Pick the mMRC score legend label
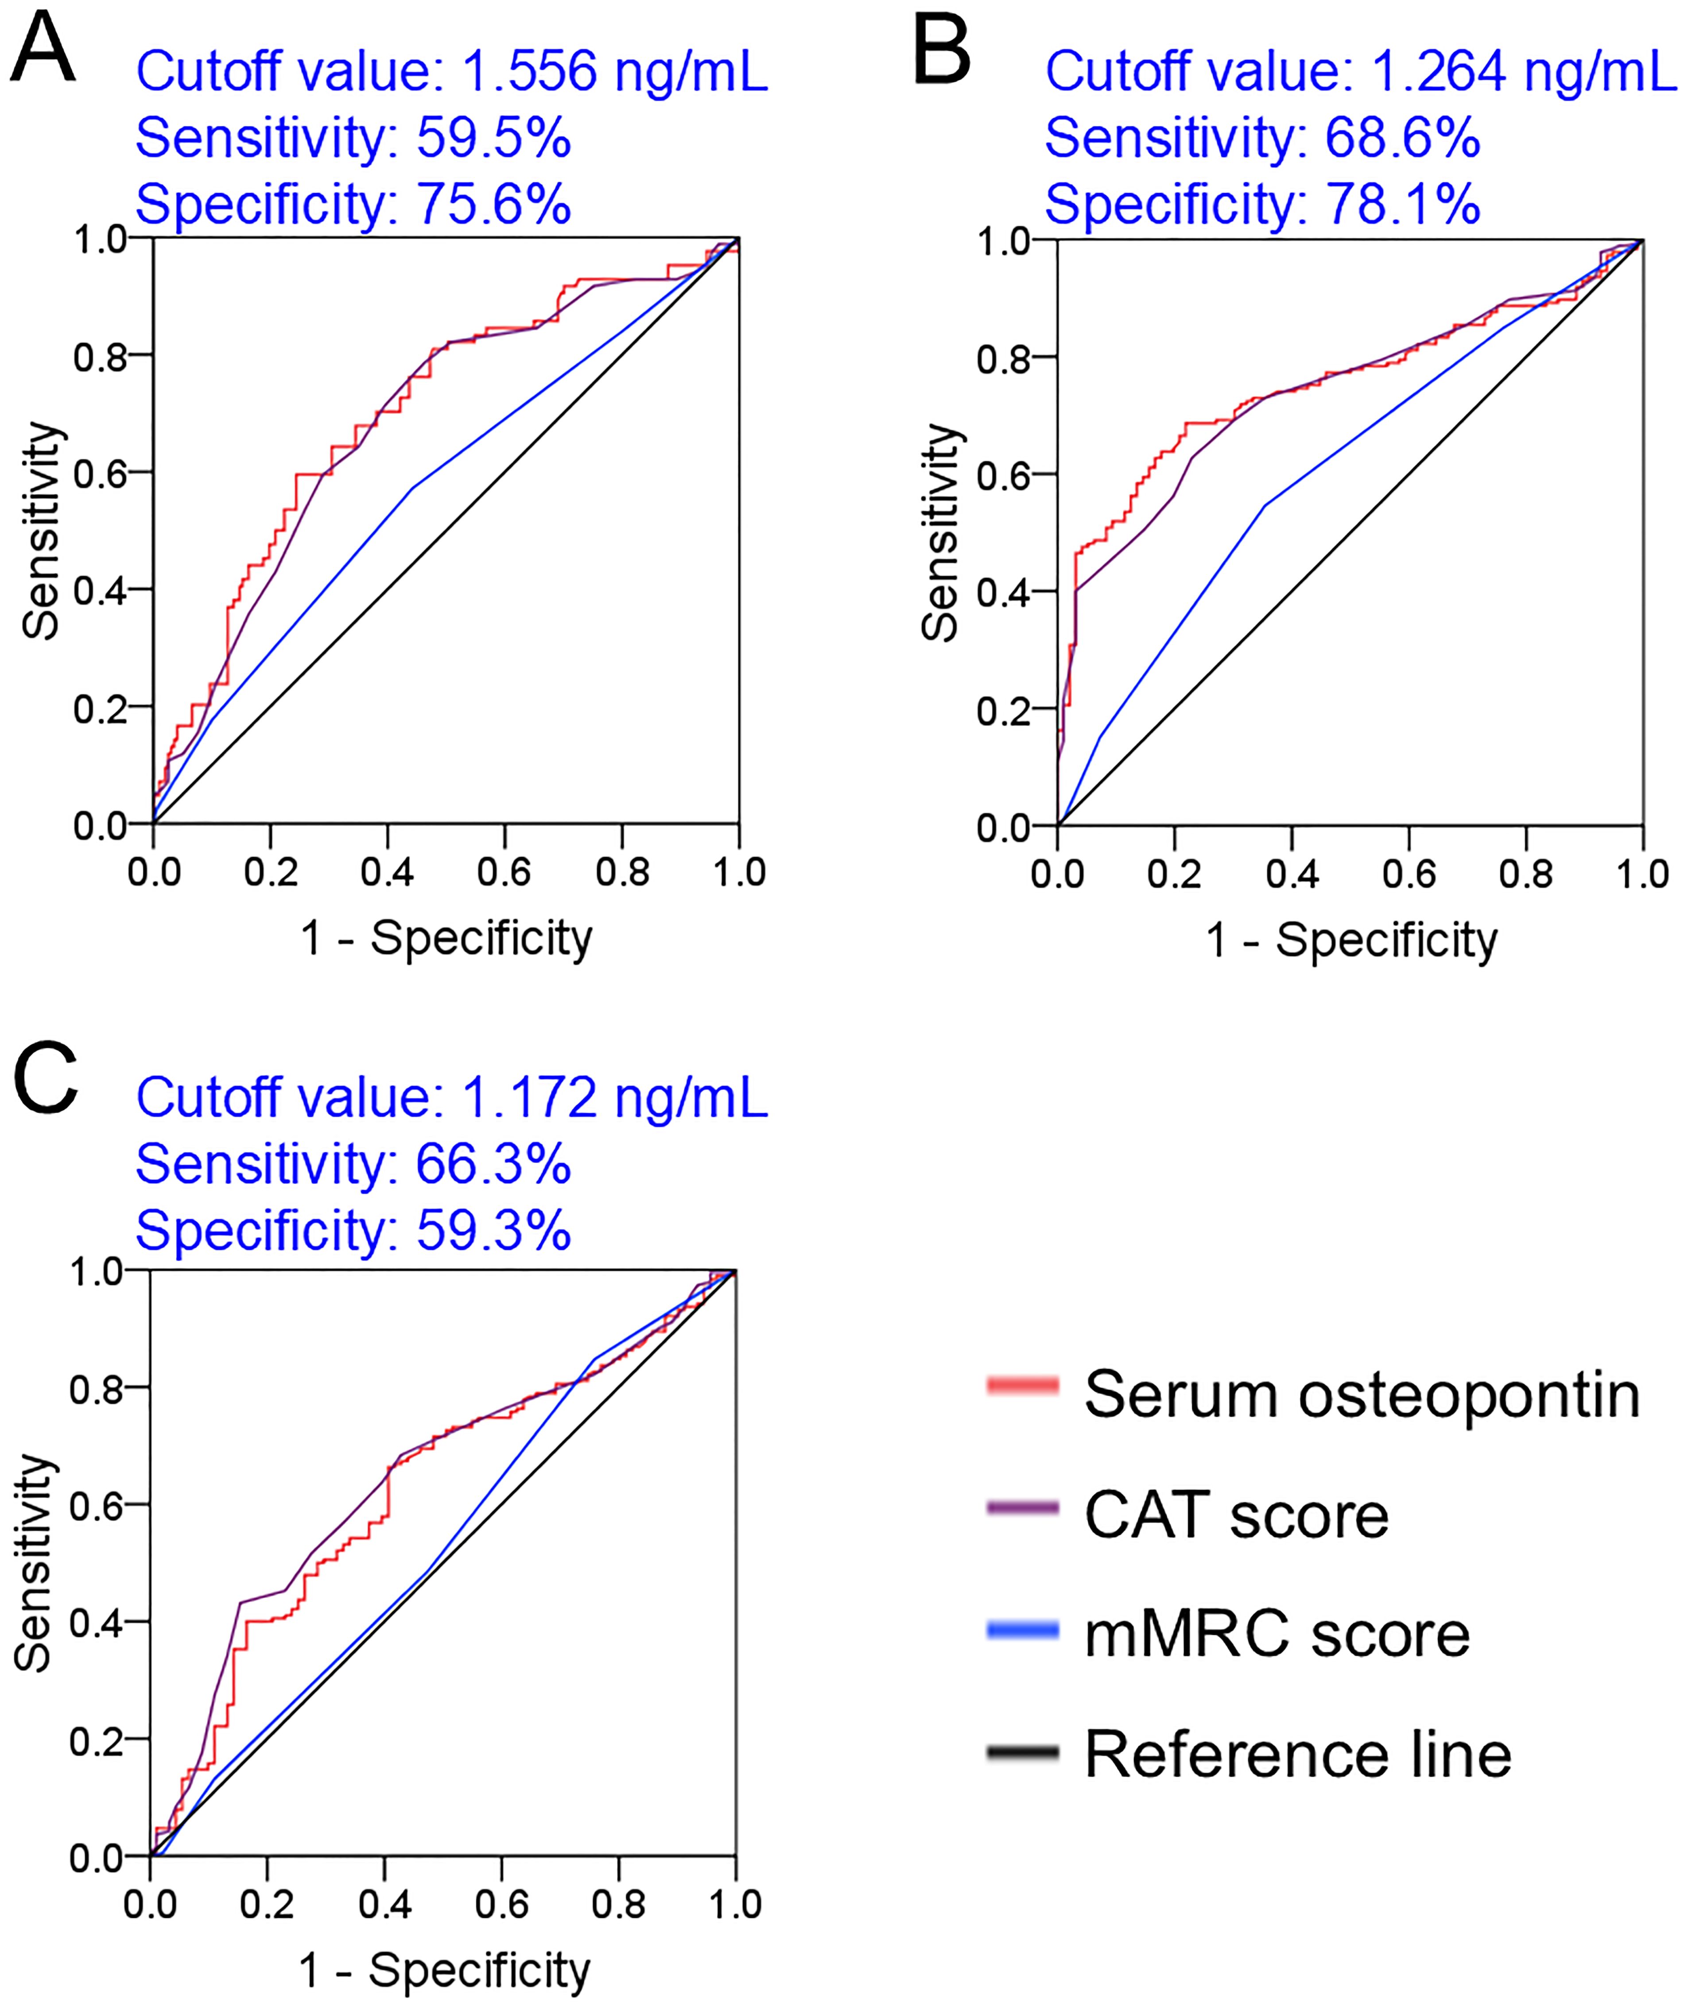point(1277,1635)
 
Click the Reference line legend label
point(1298,1756)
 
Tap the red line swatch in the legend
point(1022,1385)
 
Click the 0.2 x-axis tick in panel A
point(271,872)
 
